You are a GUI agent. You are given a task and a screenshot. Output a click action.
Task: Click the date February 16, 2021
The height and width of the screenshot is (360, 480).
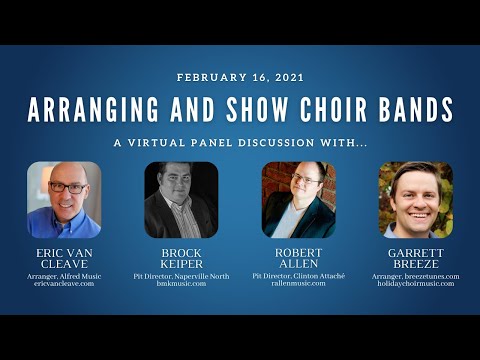coord(239,77)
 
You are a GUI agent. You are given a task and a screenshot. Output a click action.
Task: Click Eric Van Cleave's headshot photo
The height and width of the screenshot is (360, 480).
coord(64,199)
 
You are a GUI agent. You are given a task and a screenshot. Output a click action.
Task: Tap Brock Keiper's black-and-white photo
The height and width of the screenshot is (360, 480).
coord(181,199)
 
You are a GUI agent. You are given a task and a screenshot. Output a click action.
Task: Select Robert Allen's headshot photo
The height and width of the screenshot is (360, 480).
coord(298,199)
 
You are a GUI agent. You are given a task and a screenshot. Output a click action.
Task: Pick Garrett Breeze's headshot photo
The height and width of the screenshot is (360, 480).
coord(415,199)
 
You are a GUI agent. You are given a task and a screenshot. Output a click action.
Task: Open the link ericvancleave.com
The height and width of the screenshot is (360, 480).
coord(64,284)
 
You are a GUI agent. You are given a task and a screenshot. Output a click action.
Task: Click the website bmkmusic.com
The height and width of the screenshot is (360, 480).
coord(181,284)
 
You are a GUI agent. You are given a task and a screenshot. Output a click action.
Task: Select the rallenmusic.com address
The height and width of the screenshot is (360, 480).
coord(298,284)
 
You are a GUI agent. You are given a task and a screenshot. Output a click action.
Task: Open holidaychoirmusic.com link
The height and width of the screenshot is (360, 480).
coord(415,284)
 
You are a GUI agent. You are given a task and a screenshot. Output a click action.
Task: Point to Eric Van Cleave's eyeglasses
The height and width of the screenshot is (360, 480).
coord(67,187)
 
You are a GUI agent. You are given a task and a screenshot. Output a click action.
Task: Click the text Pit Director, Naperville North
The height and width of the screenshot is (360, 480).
coord(181,275)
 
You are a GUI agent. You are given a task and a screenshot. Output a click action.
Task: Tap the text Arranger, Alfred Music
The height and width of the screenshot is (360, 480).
coord(64,275)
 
